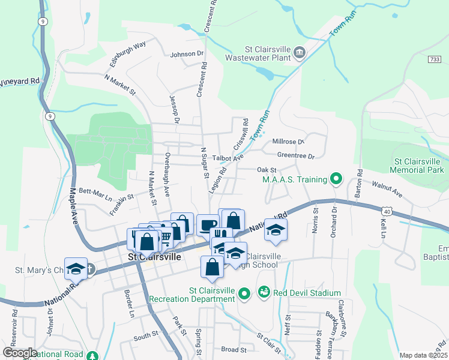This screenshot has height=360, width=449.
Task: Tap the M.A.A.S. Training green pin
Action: [x=336, y=179]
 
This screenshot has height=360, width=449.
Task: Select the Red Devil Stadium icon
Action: [x=264, y=292]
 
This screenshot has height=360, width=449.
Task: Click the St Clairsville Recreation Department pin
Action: [x=243, y=294]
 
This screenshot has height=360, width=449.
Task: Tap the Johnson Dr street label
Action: [x=187, y=54]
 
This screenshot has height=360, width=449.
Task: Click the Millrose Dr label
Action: [x=289, y=142]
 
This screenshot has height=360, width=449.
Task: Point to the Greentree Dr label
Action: [x=296, y=156]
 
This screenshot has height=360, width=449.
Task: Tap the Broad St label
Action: [x=234, y=349]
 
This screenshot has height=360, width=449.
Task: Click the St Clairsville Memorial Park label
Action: [x=420, y=166]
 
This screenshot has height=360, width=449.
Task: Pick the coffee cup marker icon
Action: [x=208, y=225]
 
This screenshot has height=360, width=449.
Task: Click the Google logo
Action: [x=20, y=353]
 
